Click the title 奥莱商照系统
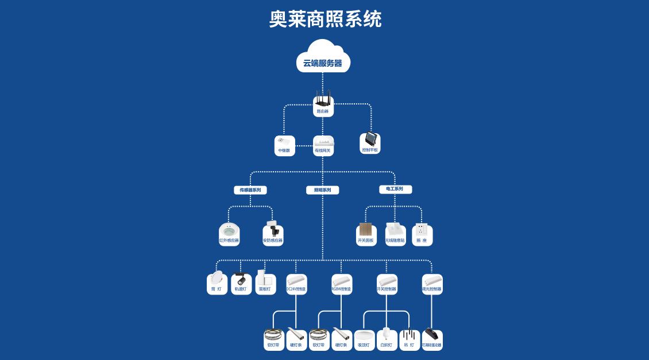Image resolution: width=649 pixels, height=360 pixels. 325,19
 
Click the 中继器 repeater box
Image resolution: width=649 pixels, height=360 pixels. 284,146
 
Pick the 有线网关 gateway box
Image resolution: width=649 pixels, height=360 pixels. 323,146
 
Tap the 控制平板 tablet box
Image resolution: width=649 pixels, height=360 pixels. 370,143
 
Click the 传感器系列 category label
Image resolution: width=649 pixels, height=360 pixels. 250,190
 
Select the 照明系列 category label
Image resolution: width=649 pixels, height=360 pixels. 322,190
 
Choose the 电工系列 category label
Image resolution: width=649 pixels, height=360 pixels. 395,189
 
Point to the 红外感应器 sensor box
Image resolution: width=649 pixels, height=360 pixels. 229,234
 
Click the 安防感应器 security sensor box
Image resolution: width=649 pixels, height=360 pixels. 273,234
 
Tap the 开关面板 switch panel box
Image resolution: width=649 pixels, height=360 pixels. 366,234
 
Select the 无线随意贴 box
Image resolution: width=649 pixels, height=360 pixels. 395,234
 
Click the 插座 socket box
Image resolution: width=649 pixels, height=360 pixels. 422,234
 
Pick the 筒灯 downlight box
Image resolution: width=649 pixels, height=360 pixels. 217,284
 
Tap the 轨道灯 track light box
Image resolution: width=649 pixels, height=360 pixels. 241,284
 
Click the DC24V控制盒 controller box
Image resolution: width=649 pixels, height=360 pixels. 296,284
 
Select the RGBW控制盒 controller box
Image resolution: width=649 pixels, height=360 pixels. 342,284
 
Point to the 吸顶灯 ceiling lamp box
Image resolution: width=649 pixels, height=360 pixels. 364,340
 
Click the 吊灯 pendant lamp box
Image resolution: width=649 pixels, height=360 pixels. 410,340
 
